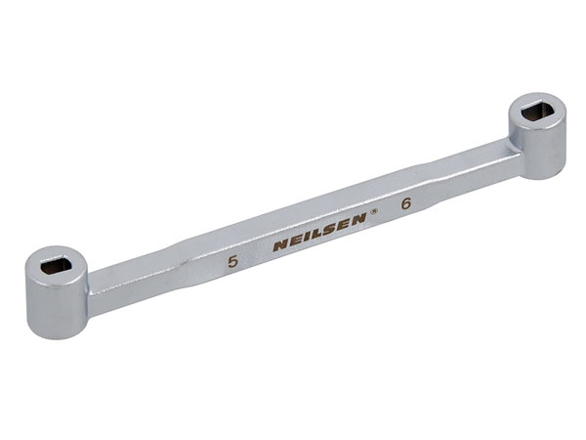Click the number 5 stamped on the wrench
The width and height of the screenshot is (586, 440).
pos(231,262)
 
